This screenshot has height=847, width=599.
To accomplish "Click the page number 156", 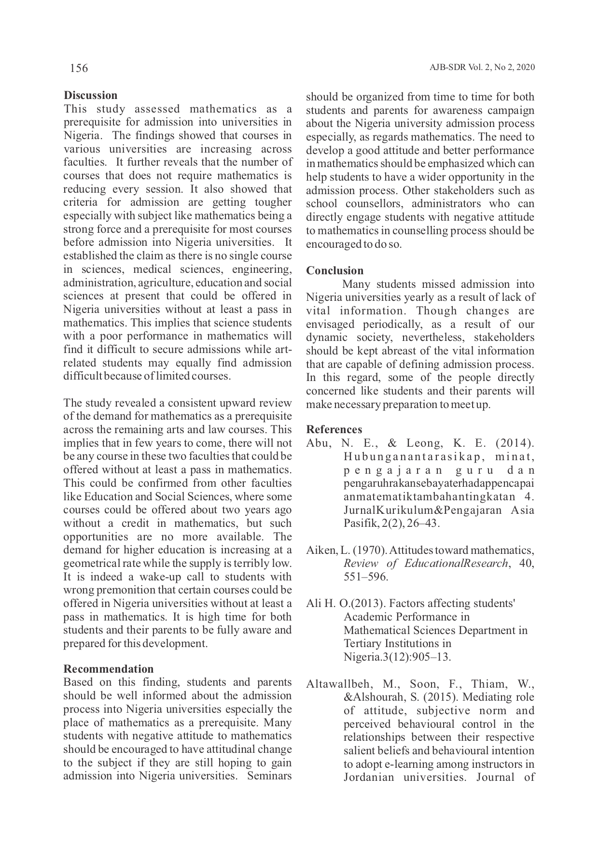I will pos(79,68).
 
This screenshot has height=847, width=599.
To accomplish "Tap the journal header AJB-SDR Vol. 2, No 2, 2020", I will pos(482,68).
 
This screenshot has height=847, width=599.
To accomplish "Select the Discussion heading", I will pos(91,95).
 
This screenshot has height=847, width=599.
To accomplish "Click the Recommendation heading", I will pos(109,669).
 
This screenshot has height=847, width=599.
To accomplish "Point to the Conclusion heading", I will pos(335,270).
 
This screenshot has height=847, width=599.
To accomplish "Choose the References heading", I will pos(334,429).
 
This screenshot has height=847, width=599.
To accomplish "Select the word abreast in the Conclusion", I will pos(390,351).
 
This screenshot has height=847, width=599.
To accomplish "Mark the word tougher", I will pos(273,202).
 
